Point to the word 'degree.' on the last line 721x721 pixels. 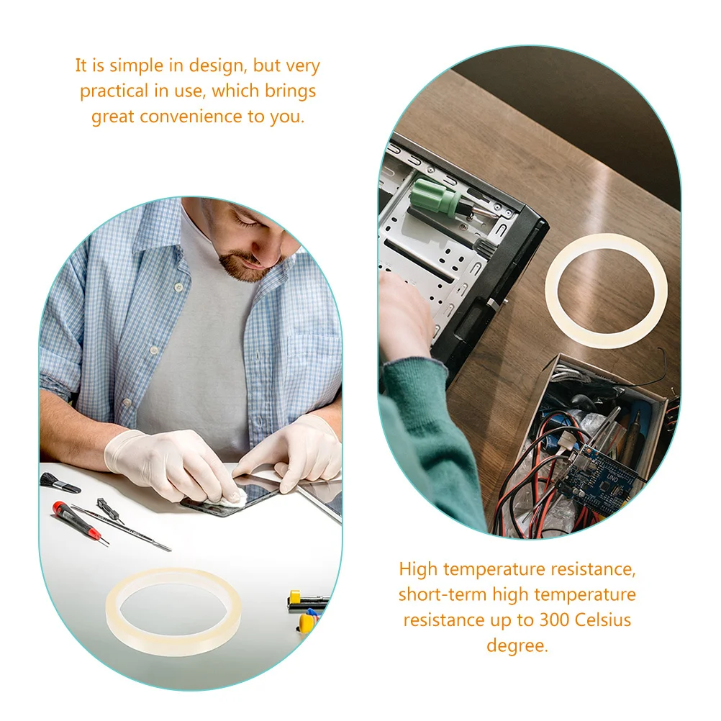517,645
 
